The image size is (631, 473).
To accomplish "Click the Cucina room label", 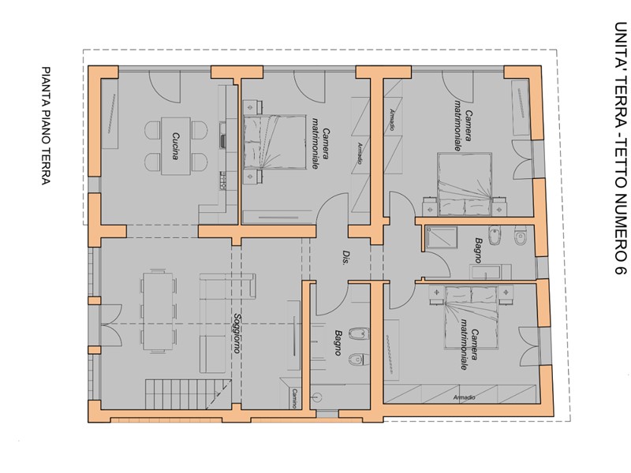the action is [x=175, y=146].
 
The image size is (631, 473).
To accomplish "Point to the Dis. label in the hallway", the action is [x=345, y=258].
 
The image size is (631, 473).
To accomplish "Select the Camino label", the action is [x=294, y=399].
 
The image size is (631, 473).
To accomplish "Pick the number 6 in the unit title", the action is [x=620, y=267].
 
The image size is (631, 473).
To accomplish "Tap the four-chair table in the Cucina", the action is [x=176, y=146].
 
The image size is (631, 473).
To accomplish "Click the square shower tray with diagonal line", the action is [x=442, y=241].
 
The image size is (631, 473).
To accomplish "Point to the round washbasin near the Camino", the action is [x=318, y=398].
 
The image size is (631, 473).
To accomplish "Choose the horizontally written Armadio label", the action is [x=464, y=398].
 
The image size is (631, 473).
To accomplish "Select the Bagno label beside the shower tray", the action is [x=478, y=251].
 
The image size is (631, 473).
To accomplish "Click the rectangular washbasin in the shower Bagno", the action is [x=490, y=272].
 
